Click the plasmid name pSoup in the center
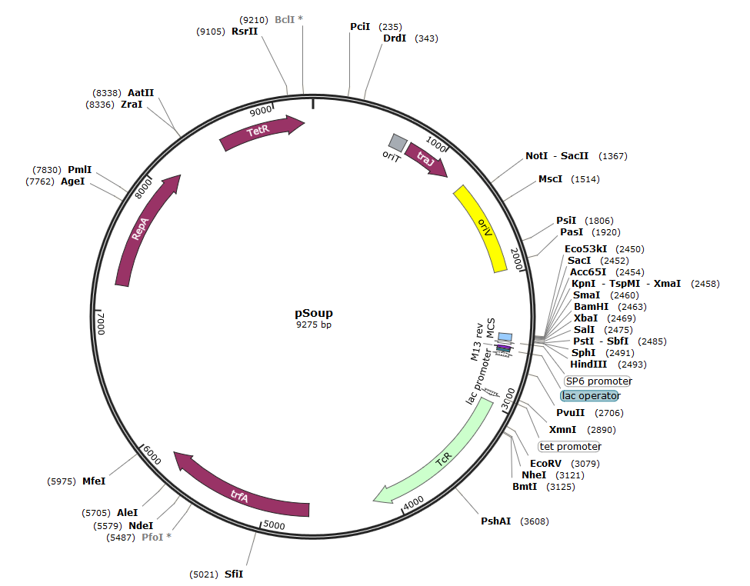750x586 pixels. click(x=314, y=313)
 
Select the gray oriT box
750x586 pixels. click(x=398, y=142)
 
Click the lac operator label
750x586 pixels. click(x=590, y=395)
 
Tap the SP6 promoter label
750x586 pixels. click(x=598, y=381)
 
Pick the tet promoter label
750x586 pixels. click(x=570, y=446)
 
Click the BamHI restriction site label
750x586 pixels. click(x=591, y=306)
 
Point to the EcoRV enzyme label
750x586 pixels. click(x=548, y=463)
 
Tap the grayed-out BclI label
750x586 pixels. click(x=285, y=19)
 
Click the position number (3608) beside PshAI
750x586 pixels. click(x=535, y=521)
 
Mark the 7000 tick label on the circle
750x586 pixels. click(x=100, y=323)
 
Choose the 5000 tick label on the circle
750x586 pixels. click(x=274, y=525)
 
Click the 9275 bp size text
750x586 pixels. click(x=314, y=325)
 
